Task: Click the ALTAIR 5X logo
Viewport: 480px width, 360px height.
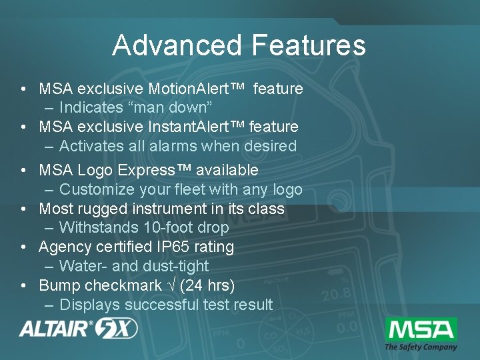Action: [79, 328]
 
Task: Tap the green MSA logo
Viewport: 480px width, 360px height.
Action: [421, 329]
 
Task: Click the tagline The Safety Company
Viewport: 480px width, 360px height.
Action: [421, 347]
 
